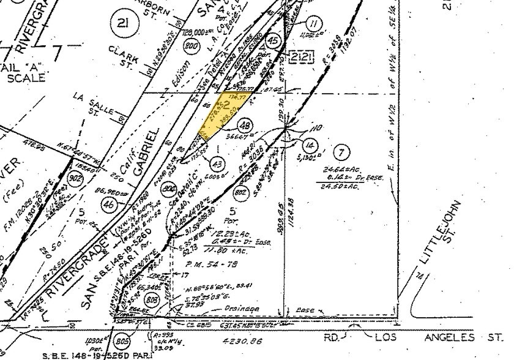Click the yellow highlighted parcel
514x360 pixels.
pos(223,114)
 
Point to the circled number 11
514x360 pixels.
pos(314,25)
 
